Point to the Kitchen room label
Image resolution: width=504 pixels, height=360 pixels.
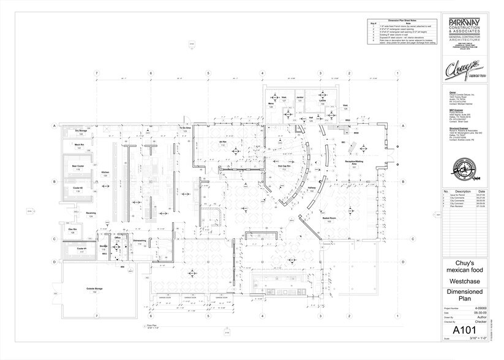click(105, 174)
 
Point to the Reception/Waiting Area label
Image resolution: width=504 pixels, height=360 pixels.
click(354, 163)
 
